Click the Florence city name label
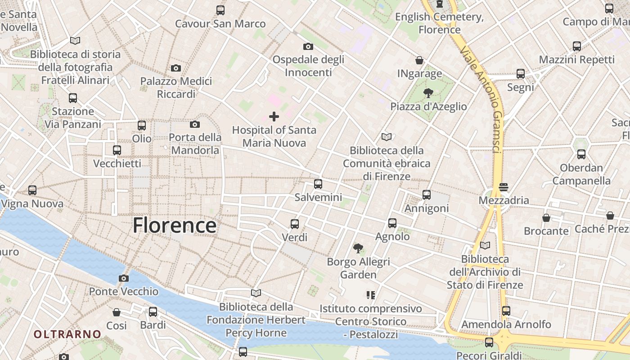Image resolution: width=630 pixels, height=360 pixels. coord(174,225)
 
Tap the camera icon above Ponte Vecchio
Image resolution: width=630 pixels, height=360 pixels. coord(124,279)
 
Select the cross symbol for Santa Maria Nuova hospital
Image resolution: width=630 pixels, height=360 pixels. coord(274,117)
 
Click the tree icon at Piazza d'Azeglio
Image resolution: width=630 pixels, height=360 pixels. coord(428,93)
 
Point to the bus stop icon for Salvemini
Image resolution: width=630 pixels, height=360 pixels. coord(318,184)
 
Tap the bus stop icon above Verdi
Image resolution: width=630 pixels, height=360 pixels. coord(295,224)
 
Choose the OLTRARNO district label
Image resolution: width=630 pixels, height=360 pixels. coord(67,334)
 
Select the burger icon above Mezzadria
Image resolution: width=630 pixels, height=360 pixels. coord(503,187)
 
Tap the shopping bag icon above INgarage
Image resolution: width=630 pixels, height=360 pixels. coord(419,60)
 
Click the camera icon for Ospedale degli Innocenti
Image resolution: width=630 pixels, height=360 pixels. coord(308,46)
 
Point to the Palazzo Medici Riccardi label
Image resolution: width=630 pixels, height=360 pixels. coord(176,87)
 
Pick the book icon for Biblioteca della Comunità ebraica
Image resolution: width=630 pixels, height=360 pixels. coord(386,137)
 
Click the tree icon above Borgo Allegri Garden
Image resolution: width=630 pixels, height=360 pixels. coord(358,248)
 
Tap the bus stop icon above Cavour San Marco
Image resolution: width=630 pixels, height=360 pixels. coord(220,10)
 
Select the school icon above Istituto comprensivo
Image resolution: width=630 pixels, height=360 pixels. coord(371,295)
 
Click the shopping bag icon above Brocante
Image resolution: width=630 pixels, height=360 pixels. coord(546,218)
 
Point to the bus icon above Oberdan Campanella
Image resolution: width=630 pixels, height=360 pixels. coord(581,154)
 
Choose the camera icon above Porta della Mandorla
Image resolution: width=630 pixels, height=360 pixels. coord(195,124)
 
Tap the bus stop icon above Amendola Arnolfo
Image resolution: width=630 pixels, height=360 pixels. coord(506,310)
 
